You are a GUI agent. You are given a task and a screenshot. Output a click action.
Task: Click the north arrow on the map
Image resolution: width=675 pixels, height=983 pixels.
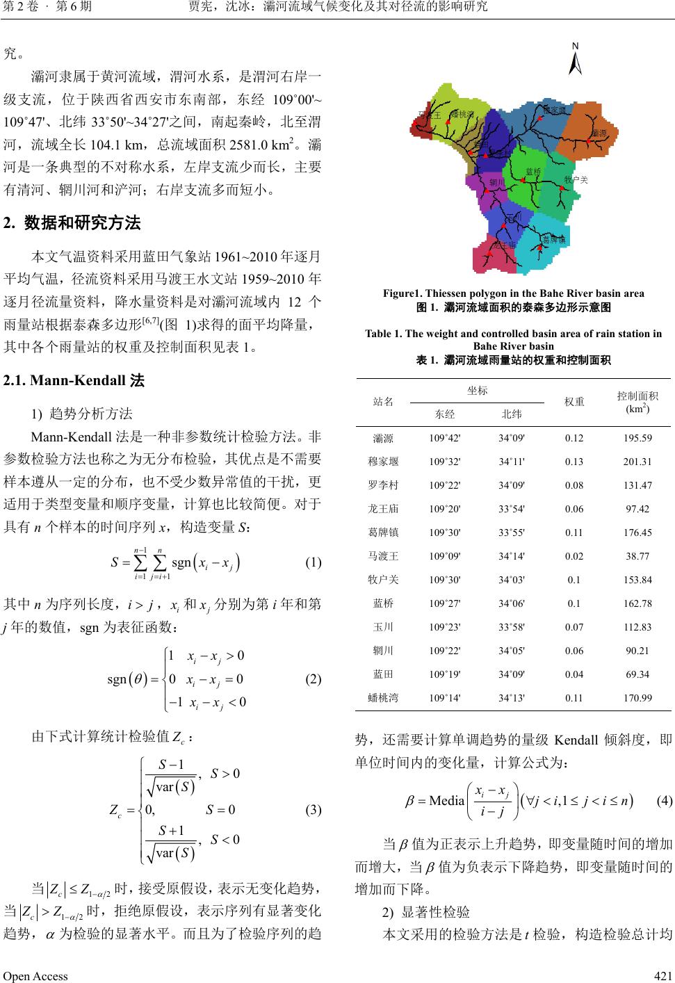point(575,59)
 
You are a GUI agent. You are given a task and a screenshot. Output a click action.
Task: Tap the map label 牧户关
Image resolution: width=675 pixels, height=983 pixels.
point(576,180)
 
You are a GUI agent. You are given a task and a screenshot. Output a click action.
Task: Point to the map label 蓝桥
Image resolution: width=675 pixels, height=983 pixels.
point(532,172)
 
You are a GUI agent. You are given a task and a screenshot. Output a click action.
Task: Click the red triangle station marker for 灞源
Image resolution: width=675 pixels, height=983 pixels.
point(589,142)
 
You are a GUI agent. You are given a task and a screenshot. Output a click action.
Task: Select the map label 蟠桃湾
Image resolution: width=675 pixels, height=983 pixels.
point(462,115)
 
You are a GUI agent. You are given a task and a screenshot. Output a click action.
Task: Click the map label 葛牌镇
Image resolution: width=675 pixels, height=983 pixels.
point(553,240)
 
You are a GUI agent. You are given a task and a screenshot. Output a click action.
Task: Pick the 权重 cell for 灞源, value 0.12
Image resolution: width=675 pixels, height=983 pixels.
point(574,438)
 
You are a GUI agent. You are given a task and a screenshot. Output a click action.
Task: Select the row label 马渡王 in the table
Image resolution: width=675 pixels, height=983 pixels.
point(383,556)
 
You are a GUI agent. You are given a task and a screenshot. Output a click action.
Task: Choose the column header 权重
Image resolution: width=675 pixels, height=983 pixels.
point(574,402)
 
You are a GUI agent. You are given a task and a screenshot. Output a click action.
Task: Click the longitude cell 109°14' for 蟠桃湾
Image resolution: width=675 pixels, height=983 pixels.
point(445,698)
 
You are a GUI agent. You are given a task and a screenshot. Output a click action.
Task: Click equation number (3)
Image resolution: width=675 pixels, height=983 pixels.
point(313,809)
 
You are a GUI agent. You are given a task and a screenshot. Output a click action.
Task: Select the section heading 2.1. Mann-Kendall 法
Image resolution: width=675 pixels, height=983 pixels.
point(74,380)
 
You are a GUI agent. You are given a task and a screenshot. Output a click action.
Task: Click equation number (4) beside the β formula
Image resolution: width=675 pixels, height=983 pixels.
point(664,800)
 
